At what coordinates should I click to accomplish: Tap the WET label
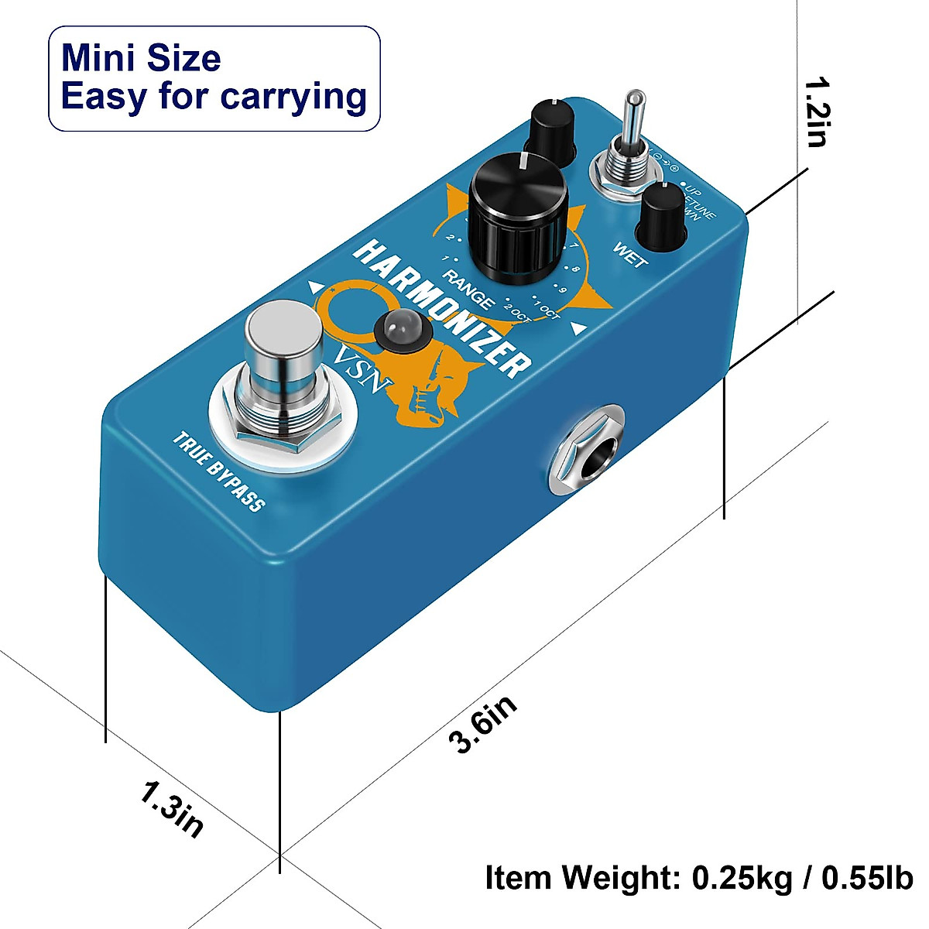630,256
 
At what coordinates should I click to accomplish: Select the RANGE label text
469,289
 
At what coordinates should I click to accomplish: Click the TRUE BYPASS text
219,472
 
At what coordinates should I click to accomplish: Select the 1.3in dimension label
172,809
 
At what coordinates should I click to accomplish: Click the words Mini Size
141,59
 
